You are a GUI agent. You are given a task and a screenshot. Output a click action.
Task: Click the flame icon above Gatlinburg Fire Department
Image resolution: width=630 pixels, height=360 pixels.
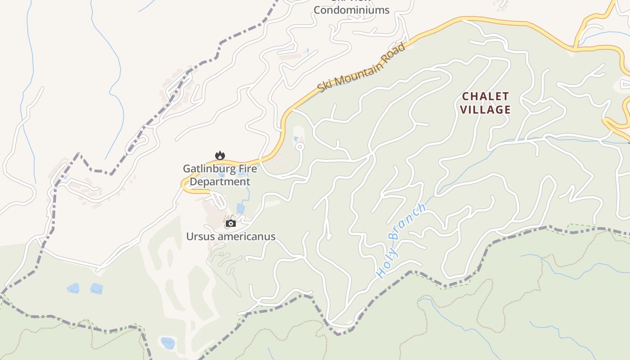point(220,156)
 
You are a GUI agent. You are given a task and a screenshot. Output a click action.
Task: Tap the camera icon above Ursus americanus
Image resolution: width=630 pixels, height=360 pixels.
point(231,223)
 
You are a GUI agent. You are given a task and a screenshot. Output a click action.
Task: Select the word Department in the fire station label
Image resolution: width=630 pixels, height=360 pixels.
point(220,182)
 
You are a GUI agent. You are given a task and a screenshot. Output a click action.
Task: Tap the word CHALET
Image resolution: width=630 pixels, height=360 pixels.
point(485,96)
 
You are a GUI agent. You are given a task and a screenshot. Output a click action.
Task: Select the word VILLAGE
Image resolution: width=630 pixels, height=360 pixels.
point(485,109)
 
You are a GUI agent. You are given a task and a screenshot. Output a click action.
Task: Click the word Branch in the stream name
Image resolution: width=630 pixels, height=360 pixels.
point(406,222)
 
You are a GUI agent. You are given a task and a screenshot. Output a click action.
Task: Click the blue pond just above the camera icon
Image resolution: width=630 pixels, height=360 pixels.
point(240,208)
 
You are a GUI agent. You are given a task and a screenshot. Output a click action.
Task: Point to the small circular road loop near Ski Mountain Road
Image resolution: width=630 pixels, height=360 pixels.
point(299,147)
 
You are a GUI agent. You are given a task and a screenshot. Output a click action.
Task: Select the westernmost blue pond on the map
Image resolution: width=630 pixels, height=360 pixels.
point(73,288)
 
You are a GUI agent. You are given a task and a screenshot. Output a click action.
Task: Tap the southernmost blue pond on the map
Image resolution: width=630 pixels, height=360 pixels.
point(168,343)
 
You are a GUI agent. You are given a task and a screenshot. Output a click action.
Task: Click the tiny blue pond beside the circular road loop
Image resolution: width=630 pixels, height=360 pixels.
point(296,139)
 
